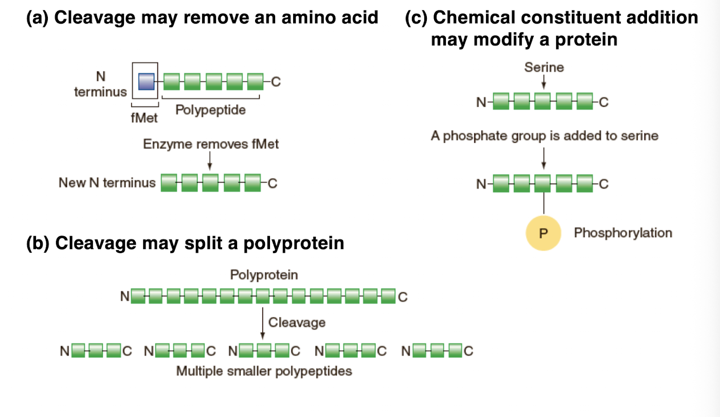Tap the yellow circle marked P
click(x=543, y=233)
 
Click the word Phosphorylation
click(x=623, y=233)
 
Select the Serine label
click(x=544, y=67)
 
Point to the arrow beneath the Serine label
click(x=544, y=83)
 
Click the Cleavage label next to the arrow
click(x=297, y=323)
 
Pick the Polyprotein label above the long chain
click(x=264, y=275)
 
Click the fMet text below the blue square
click(x=145, y=118)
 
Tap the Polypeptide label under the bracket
click(x=210, y=110)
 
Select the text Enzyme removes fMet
click(x=211, y=144)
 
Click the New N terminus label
click(x=107, y=183)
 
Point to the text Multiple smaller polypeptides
click(x=264, y=371)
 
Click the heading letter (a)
click(x=38, y=18)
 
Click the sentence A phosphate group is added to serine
click(x=544, y=136)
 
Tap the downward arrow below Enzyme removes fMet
click(x=209, y=161)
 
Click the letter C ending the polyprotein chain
click(x=403, y=297)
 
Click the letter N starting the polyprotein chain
click(x=124, y=297)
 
